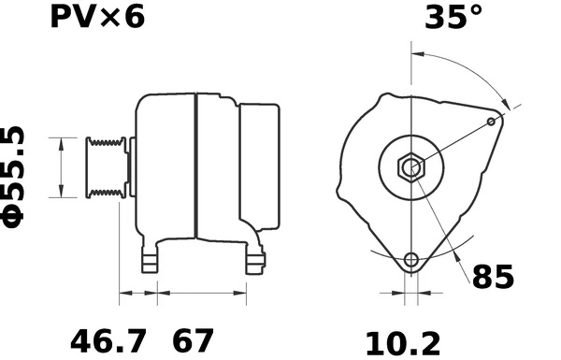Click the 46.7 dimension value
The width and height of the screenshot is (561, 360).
click(108, 340)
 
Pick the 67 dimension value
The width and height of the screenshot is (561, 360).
click(192, 340)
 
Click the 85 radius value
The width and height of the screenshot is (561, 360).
click(493, 278)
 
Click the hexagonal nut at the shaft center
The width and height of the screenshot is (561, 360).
click(410, 168)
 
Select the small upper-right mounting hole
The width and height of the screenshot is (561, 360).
click(493, 121)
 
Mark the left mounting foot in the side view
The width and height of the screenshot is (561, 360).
click(150, 261)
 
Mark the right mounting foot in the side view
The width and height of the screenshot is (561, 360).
click(253, 261)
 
